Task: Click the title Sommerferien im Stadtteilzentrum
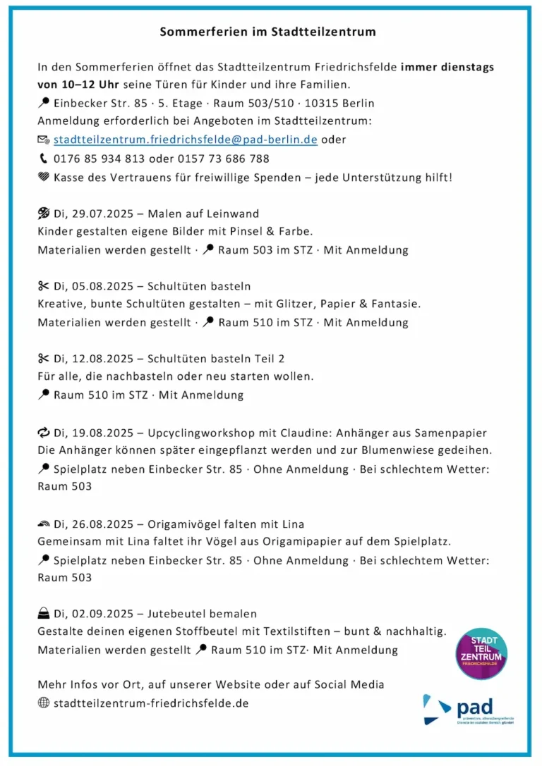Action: (x=267, y=32)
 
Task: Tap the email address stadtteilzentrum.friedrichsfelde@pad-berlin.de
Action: (x=185, y=140)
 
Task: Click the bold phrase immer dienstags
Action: (x=447, y=68)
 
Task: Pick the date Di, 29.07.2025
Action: (x=97, y=214)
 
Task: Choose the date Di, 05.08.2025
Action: (x=97, y=286)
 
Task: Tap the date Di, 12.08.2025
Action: (x=97, y=359)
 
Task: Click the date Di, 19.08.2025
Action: (x=97, y=433)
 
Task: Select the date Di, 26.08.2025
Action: (x=97, y=524)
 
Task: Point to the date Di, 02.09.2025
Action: (x=97, y=614)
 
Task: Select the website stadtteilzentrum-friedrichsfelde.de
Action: (x=151, y=703)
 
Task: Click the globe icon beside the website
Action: (x=44, y=703)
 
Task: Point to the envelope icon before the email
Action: (x=44, y=140)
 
